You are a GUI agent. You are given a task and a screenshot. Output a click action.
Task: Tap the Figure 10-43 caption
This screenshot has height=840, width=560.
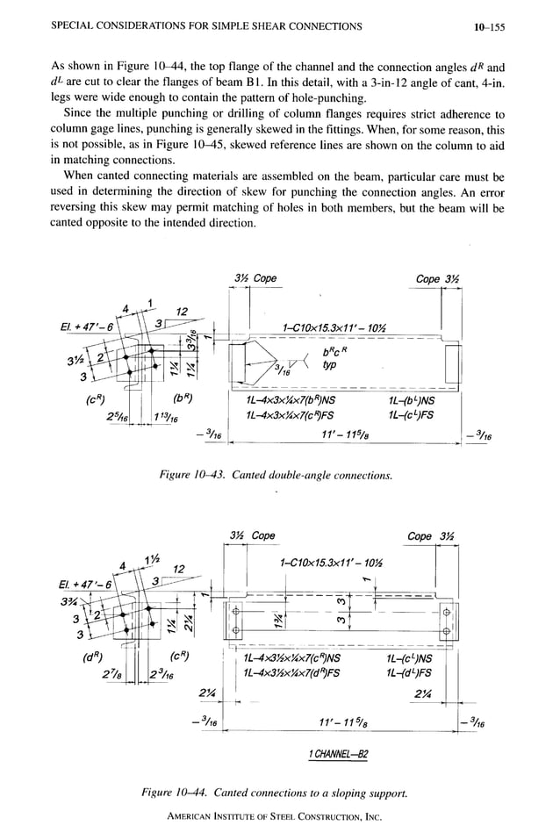coord(275,475)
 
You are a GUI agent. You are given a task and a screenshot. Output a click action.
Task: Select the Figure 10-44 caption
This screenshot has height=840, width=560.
coord(276,793)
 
